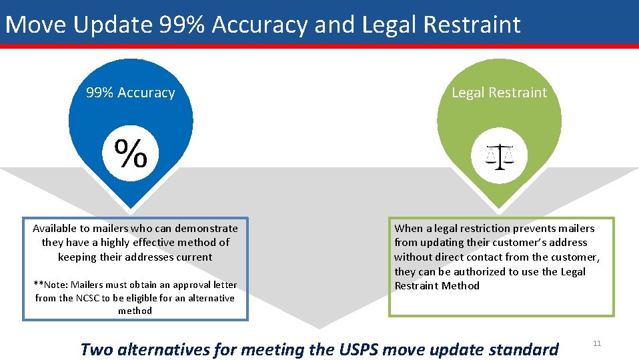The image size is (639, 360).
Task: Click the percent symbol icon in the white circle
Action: point(131,154)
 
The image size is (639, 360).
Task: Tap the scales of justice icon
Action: point(500,157)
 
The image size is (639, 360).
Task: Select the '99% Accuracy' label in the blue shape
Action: point(131,93)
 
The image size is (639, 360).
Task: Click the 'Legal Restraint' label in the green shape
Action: point(499,93)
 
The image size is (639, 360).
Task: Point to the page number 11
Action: point(597,343)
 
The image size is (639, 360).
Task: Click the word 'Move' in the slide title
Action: point(37,25)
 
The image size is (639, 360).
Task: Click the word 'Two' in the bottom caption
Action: point(97,349)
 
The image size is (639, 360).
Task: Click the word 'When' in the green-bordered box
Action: point(408,228)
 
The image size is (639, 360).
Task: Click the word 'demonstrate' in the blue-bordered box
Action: point(206,228)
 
